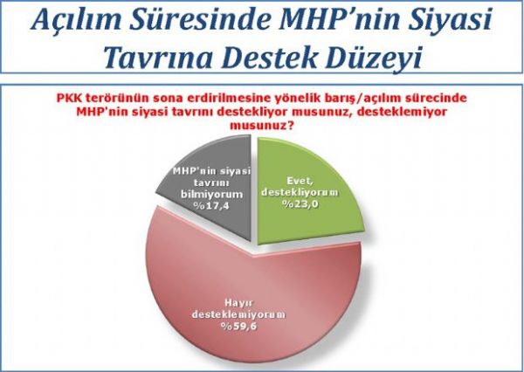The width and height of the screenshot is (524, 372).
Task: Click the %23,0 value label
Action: pos(300,203)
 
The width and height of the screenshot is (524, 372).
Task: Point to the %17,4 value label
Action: pos(212,206)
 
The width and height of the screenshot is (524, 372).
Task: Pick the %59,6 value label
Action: pos(238,327)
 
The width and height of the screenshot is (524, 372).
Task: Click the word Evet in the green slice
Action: pos(300,181)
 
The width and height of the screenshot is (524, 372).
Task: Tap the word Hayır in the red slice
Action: pos(238,303)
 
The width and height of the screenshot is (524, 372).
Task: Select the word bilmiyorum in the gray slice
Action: pos(211,194)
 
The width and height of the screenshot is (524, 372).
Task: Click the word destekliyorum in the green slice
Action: pos(300,192)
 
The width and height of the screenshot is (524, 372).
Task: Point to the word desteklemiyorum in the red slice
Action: pos(238,315)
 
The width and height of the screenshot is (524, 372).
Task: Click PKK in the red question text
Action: pos(69,99)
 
